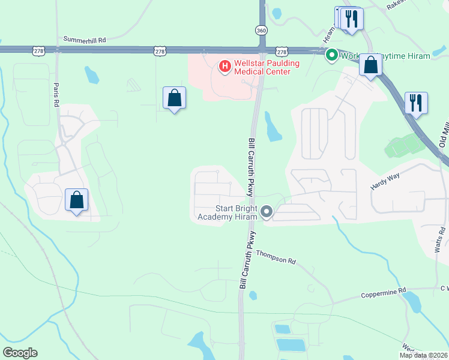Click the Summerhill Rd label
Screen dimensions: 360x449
[x=85, y=40]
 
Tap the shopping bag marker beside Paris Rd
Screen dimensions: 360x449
[x=77, y=200]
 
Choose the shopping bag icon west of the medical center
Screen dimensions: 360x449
[x=174, y=98]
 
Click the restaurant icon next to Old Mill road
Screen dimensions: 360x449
[x=415, y=103]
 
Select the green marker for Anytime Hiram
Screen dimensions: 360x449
[x=331, y=56]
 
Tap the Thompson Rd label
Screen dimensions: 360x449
[x=276, y=257]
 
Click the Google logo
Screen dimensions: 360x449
[x=20, y=353]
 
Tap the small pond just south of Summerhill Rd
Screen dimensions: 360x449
[x=92, y=74]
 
